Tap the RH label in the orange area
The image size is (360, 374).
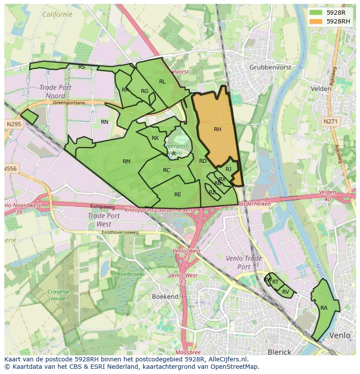tap(217, 129)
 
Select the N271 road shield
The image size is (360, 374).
tap(330, 122)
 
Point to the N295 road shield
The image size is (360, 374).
tap(14, 124)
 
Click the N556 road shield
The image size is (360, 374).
tap(10, 168)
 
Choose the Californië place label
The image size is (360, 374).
tap(57, 14)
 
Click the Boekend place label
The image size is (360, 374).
tap(165, 296)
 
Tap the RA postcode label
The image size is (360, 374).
tap(324, 308)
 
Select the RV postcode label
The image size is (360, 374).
tap(286, 291)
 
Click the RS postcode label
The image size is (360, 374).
tap(82, 66)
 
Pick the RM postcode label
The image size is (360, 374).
tap(127, 162)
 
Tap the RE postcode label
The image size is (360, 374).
tap(177, 194)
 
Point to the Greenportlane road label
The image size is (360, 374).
tap(69, 103)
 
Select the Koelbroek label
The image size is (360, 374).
tap(130, 274)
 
